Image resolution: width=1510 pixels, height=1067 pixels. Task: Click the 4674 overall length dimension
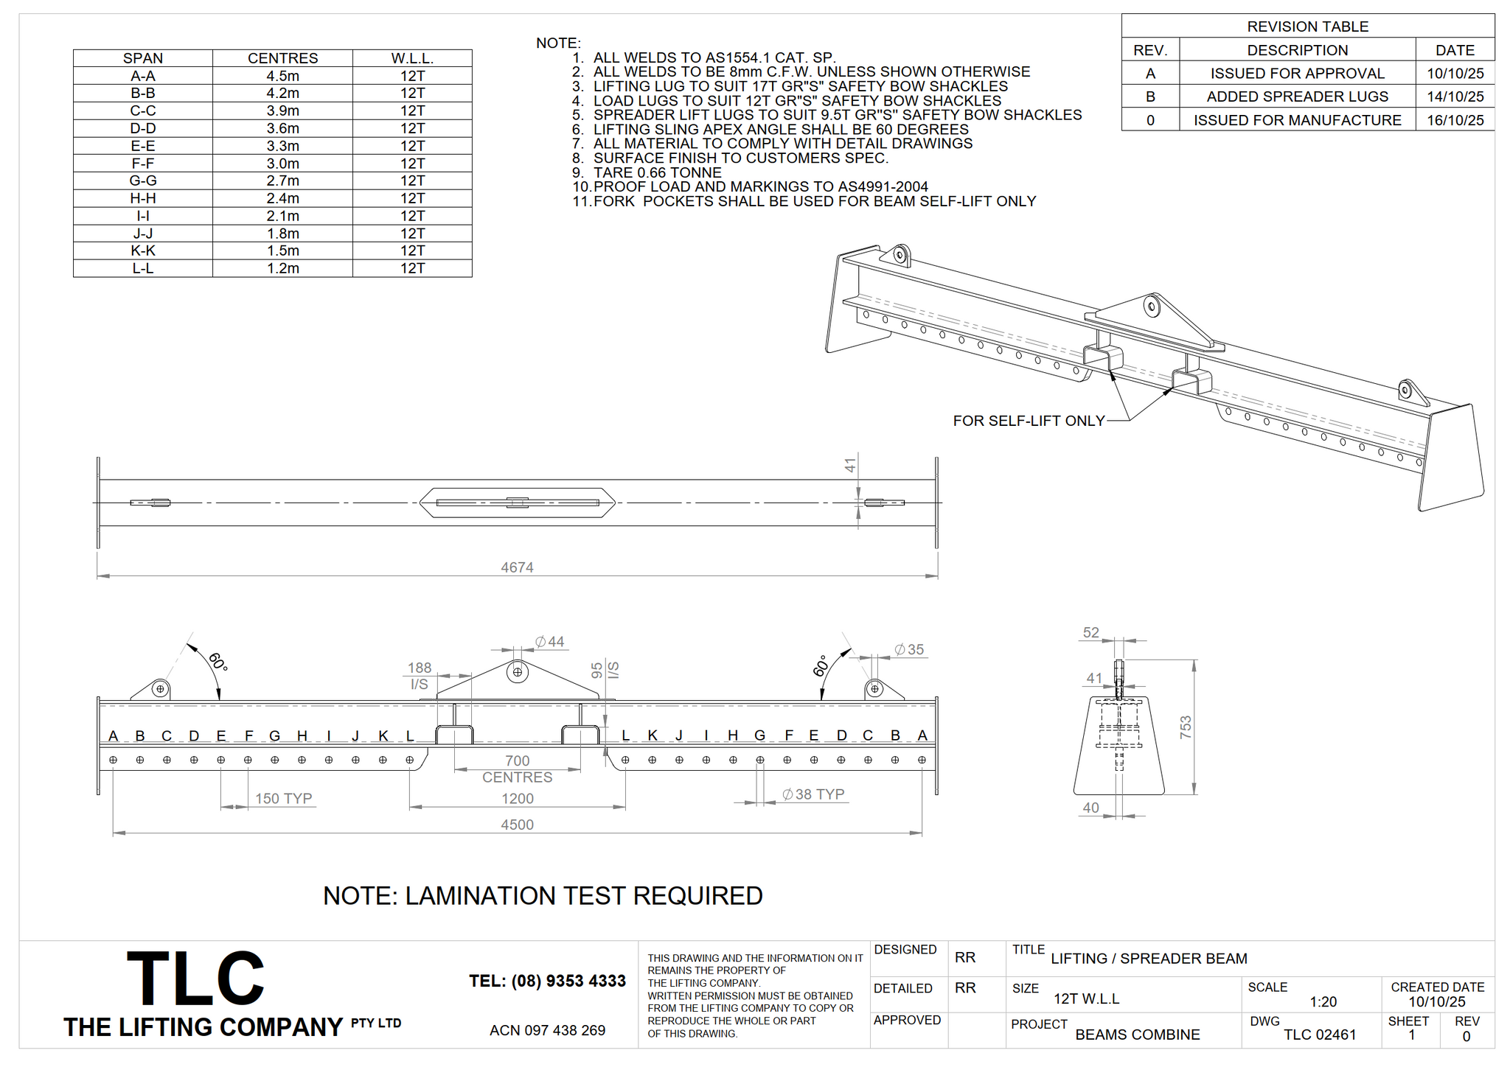click(x=517, y=567)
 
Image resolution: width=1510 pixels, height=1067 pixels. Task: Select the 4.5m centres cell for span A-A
click(x=282, y=76)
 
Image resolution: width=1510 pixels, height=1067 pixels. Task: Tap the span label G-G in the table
click(x=143, y=181)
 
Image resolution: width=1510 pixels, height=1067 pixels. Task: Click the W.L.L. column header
click(x=412, y=58)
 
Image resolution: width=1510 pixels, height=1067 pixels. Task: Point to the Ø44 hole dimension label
click(x=550, y=642)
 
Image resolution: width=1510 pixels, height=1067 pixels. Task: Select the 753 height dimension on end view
click(x=1185, y=727)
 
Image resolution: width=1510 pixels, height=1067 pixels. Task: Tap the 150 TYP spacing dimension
click(x=283, y=798)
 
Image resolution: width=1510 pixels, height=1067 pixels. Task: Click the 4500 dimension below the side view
click(x=517, y=825)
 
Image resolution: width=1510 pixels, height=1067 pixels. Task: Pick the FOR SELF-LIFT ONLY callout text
click(x=1029, y=421)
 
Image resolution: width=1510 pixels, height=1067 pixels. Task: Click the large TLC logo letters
click(x=195, y=978)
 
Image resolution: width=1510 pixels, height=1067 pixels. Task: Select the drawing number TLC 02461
click(x=1320, y=1035)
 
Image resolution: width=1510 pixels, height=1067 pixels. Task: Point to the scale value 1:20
click(x=1323, y=1002)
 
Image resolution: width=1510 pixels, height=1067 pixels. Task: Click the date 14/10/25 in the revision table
click(x=1455, y=97)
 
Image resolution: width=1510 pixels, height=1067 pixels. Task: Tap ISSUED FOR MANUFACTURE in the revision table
click(x=1297, y=120)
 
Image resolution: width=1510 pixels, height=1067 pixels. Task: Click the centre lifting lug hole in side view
click(x=518, y=672)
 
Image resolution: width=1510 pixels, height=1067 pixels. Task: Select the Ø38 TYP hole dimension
click(x=813, y=794)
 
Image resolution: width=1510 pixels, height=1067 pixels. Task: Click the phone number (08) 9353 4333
click(x=547, y=981)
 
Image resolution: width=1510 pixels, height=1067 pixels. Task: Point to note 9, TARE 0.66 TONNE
click(x=657, y=172)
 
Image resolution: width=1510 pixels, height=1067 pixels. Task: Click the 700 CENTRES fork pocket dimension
click(x=517, y=769)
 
